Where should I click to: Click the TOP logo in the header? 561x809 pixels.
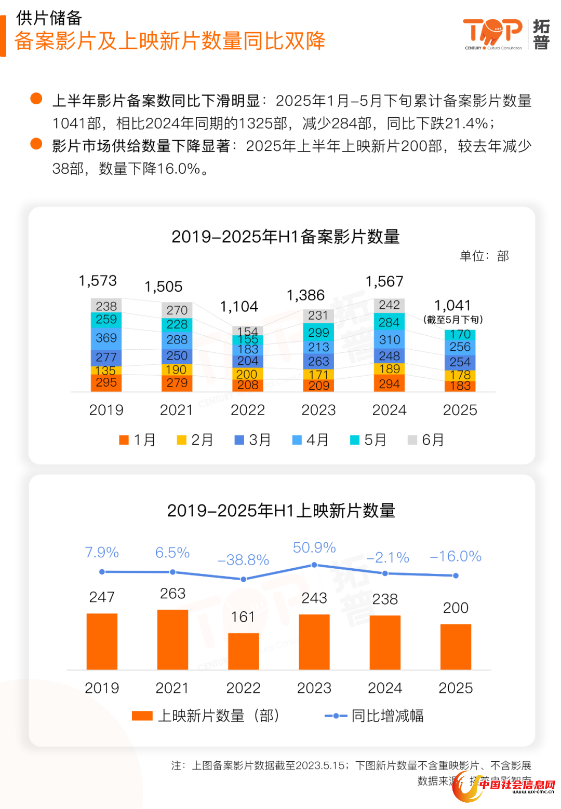492,33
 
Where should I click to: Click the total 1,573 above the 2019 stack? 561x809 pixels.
98,281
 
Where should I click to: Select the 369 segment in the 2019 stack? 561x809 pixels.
106,338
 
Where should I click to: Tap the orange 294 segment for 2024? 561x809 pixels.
389,383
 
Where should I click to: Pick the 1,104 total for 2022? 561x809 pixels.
239,307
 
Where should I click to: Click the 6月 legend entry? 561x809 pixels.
426,440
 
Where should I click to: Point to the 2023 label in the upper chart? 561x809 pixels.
318,410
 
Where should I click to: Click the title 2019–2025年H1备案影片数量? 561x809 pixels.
285,237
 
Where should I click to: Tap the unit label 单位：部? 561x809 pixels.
484,256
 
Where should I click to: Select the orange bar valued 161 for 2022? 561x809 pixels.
243,651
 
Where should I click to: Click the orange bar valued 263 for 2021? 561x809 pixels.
172,639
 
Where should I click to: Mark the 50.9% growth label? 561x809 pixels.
314,547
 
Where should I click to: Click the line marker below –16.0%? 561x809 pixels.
456,575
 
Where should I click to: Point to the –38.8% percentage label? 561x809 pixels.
243,560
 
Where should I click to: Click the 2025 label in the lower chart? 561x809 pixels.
456,688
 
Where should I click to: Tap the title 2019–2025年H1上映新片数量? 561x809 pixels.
281,511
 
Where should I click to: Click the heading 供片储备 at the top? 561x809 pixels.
49,18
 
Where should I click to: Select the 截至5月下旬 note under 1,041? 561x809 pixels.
453,320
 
